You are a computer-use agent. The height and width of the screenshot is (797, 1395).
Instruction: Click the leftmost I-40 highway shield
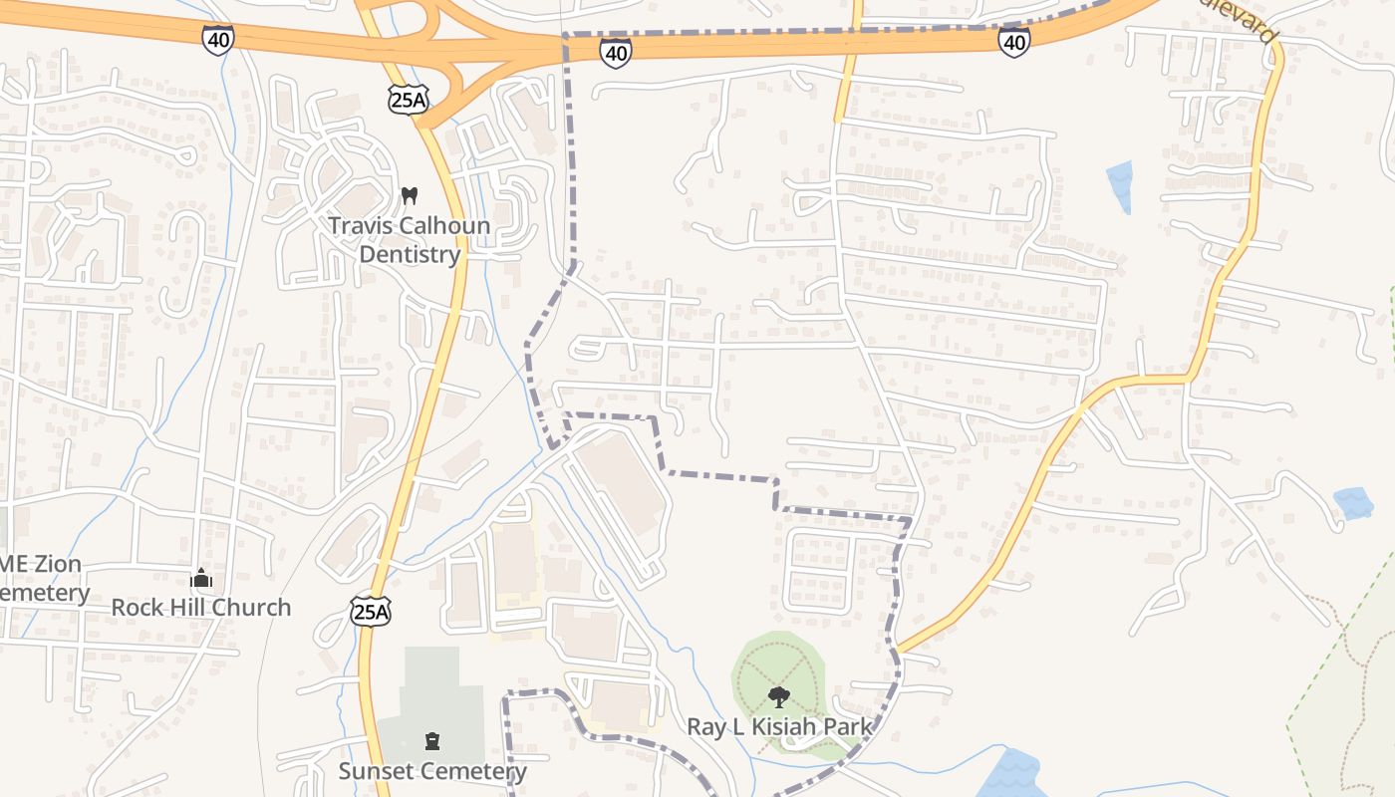pyautogui.click(x=217, y=40)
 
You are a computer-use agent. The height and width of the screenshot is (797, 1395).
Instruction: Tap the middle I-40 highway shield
pyautogui.click(x=616, y=53)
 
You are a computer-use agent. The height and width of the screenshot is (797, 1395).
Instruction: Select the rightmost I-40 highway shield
pyautogui.click(x=1014, y=42)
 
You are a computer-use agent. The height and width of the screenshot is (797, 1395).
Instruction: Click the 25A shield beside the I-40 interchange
pyautogui.click(x=408, y=99)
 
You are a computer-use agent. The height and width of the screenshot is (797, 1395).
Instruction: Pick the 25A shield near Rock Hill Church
pyautogui.click(x=371, y=611)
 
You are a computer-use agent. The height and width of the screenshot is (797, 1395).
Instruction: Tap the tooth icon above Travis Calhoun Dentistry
pyautogui.click(x=409, y=195)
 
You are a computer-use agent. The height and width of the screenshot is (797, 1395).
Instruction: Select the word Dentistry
pyautogui.click(x=410, y=254)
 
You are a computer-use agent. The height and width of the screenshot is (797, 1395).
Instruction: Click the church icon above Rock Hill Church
pyautogui.click(x=201, y=578)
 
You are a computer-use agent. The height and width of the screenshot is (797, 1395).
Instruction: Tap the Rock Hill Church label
pyautogui.click(x=201, y=607)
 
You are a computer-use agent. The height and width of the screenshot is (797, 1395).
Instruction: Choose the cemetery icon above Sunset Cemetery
pyautogui.click(x=431, y=741)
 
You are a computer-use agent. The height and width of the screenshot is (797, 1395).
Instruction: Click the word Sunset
pyautogui.click(x=376, y=771)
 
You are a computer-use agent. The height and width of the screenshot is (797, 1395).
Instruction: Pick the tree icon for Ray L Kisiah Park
pyautogui.click(x=779, y=697)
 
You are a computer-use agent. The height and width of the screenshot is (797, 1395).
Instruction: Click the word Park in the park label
pyautogui.click(x=848, y=727)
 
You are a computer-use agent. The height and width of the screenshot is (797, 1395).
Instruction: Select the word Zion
pyautogui.click(x=56, y=564)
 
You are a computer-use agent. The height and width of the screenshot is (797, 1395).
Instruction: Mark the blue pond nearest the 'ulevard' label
pyautogui.click(x=1121, y=184)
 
